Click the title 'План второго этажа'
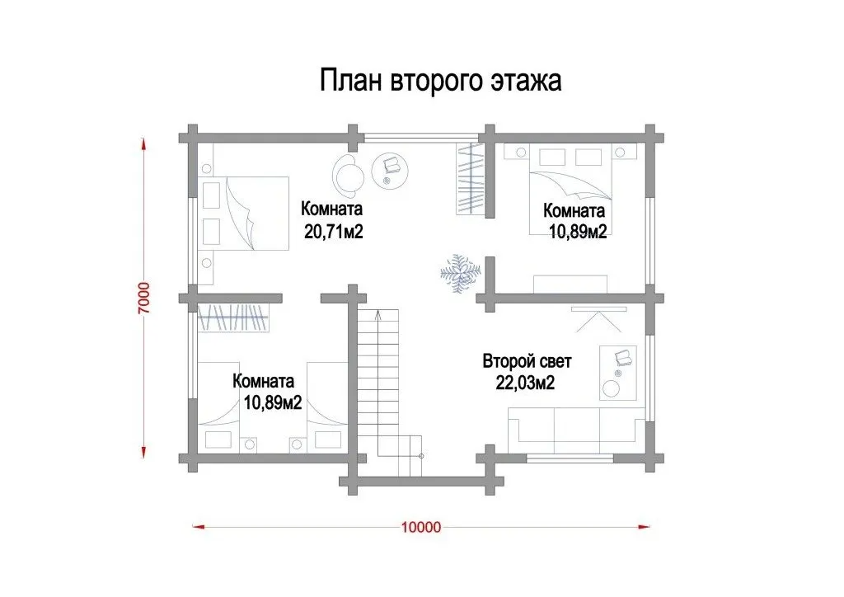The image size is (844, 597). [441, 81]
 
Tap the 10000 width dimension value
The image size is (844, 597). [421, 527]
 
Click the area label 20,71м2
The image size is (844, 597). [334, 232]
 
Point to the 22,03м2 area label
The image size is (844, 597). [525, 383]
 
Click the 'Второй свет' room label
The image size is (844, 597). [527, 360]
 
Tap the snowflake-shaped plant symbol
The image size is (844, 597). [460, 274]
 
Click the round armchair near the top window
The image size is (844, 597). [349, 175]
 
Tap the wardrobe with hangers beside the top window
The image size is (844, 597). [471, 178]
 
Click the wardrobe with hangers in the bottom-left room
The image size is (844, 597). [233, 317]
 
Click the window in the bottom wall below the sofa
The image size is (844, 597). [570, 458]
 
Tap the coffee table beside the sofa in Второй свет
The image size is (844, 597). [618, 373]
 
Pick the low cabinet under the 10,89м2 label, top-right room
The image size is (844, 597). [570, 284]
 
